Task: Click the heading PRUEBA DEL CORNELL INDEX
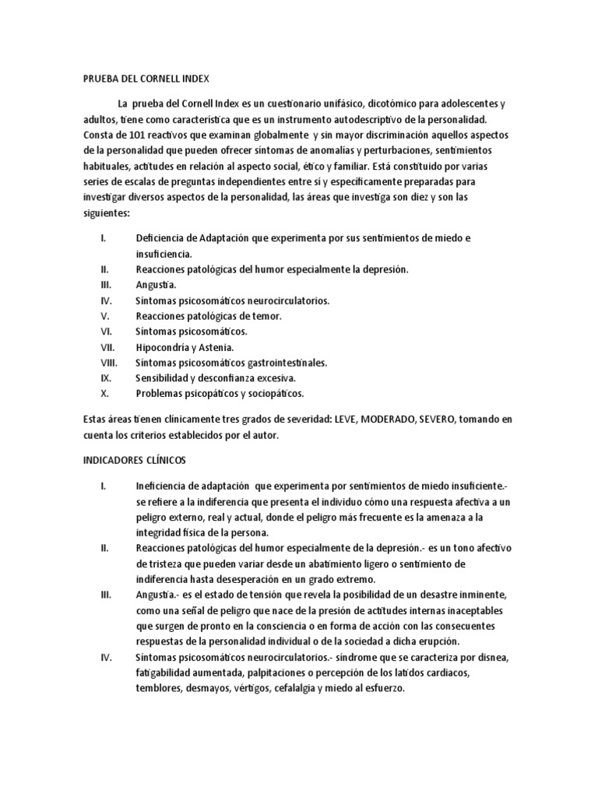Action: click(146, 79)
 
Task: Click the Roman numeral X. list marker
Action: click(105, 393)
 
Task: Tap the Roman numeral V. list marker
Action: click(106, 315)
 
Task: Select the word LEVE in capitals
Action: click(346, 419)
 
